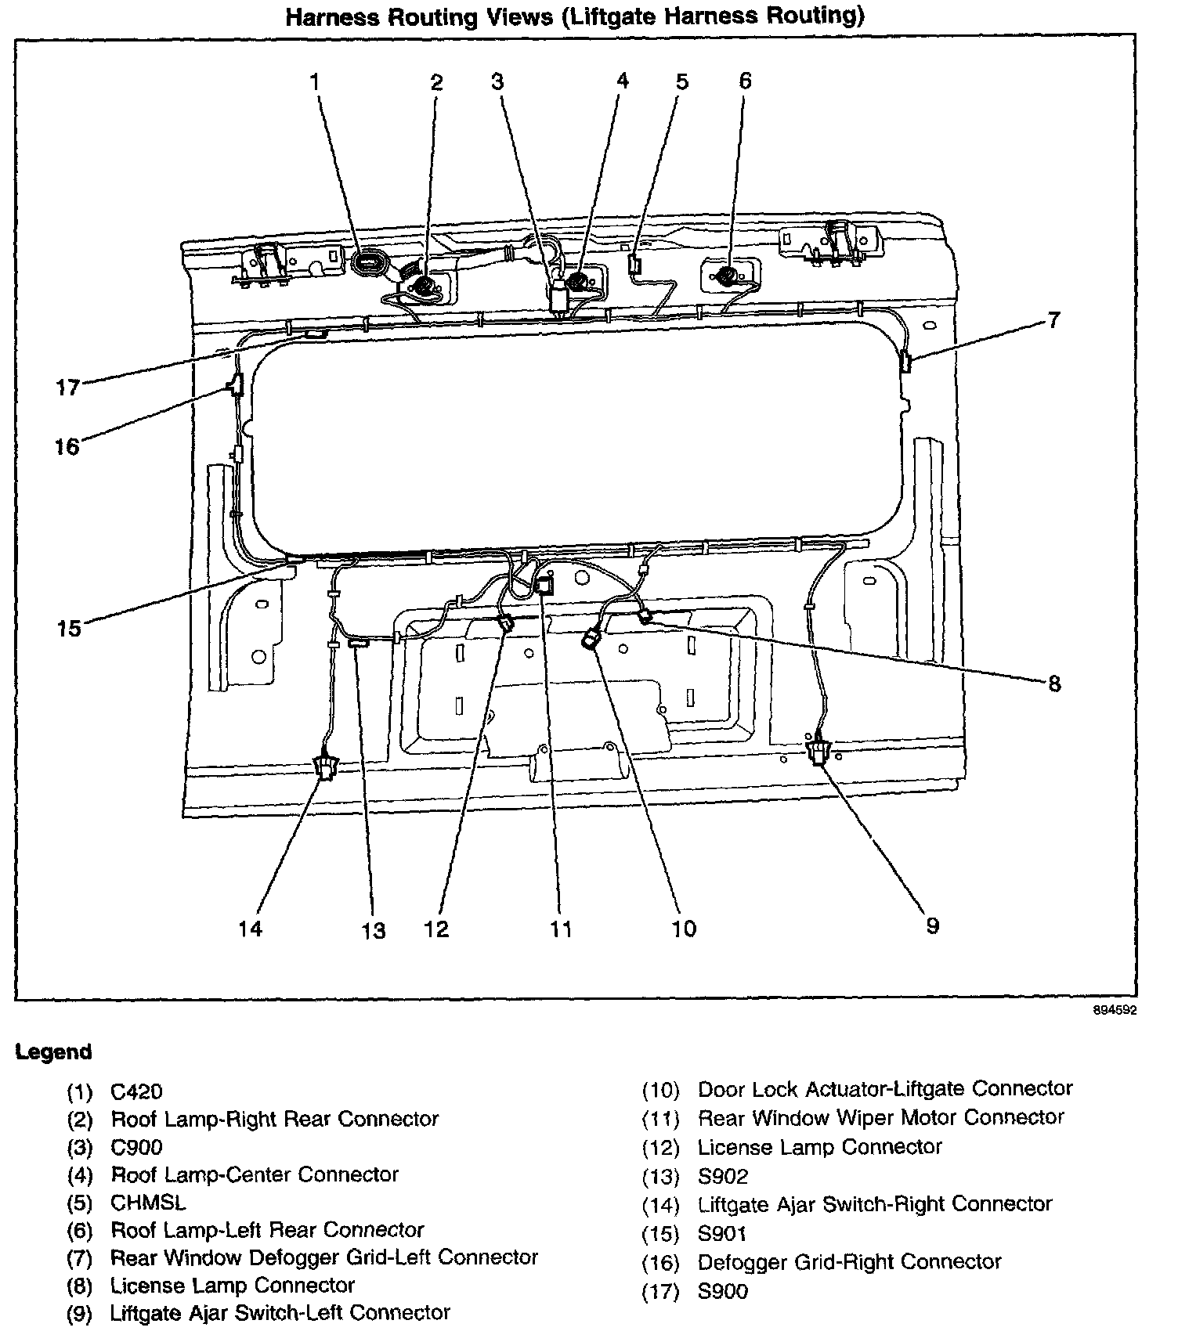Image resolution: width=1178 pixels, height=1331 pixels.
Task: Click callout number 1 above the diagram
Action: (315, 81)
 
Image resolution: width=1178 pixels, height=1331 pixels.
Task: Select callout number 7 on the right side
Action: (1053, 319)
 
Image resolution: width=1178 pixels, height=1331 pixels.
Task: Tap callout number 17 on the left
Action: (68, 387)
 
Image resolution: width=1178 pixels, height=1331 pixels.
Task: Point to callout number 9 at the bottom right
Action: (932, 925)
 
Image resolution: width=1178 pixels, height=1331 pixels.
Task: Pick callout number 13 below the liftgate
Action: (374, 931)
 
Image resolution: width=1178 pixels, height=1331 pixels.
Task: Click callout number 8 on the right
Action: (1054, 684)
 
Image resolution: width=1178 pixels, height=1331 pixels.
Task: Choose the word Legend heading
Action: (54, 1052)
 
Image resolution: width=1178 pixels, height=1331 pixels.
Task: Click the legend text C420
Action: (137, 1091)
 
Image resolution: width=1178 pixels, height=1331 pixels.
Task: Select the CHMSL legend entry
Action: (149, 1202)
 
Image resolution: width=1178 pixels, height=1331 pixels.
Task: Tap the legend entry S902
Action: (723, 1176)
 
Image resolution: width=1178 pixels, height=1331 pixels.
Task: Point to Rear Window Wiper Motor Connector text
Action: (881, 1117)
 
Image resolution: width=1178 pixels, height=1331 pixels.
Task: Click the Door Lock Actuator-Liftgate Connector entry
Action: (885, 1089)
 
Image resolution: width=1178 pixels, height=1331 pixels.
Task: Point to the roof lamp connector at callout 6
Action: (727, 276)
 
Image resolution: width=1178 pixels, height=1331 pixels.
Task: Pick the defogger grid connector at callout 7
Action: (906, 363)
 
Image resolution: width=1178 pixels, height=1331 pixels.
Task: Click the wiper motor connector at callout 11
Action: (546, 586)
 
